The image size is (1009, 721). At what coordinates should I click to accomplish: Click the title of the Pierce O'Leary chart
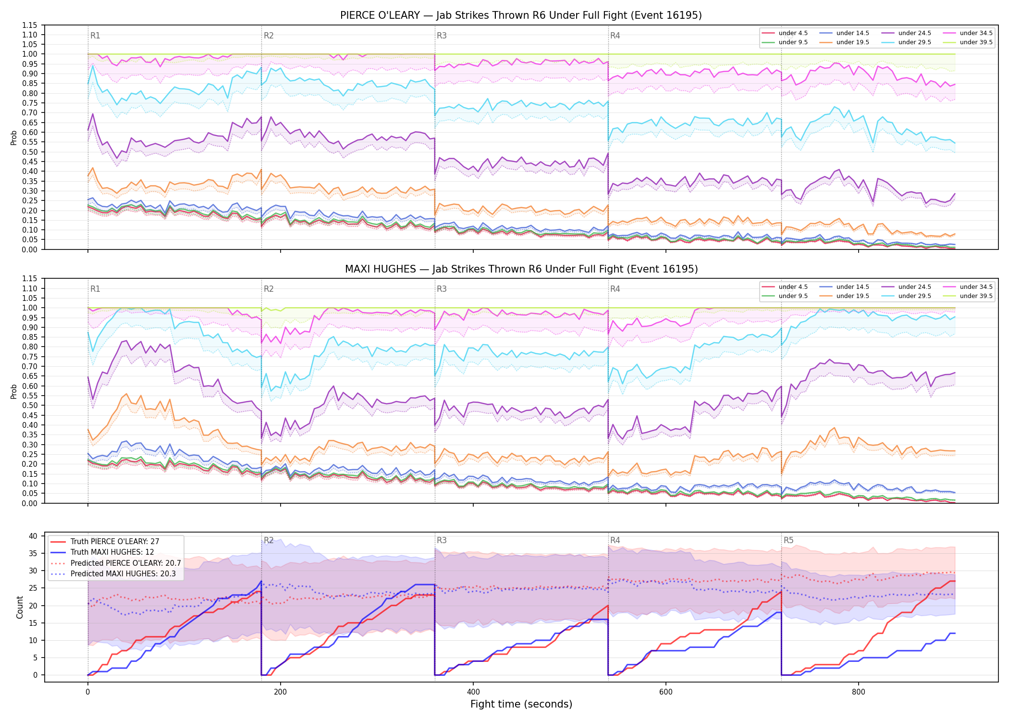pos(521,15)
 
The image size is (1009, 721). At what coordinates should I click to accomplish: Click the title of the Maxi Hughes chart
pos(521,269)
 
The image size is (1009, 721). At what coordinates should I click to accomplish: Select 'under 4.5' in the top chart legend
pos(793,33)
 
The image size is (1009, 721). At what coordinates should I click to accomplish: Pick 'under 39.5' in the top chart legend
pos(976,42)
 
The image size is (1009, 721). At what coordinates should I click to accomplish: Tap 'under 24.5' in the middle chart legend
pos(914,287)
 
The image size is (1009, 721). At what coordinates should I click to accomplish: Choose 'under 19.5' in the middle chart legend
pos(852,296)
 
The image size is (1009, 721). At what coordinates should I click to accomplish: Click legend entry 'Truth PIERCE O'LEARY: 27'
pos(115,542)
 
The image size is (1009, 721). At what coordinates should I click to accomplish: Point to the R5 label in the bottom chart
pos(788,540)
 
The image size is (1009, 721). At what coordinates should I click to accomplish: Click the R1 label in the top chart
pos(95,36)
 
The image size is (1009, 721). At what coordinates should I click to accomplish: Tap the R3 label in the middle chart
pos(442,289)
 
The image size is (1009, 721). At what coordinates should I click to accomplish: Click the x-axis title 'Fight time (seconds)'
pos(521,704)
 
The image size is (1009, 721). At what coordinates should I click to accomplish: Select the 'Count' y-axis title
pos(20,607)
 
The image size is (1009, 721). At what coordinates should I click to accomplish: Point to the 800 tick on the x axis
pos(858,692)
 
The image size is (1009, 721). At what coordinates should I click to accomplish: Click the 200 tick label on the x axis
pos(280,692)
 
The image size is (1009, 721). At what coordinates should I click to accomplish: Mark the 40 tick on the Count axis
pos(33,536)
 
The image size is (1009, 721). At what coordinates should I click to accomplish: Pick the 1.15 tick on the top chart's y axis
pos(29,25)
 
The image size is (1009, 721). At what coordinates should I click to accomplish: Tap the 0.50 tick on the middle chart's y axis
pos(29,405)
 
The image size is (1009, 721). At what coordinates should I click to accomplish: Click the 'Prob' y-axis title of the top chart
pos(14,137)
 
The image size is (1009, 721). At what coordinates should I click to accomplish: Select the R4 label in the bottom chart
pos(615,540)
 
